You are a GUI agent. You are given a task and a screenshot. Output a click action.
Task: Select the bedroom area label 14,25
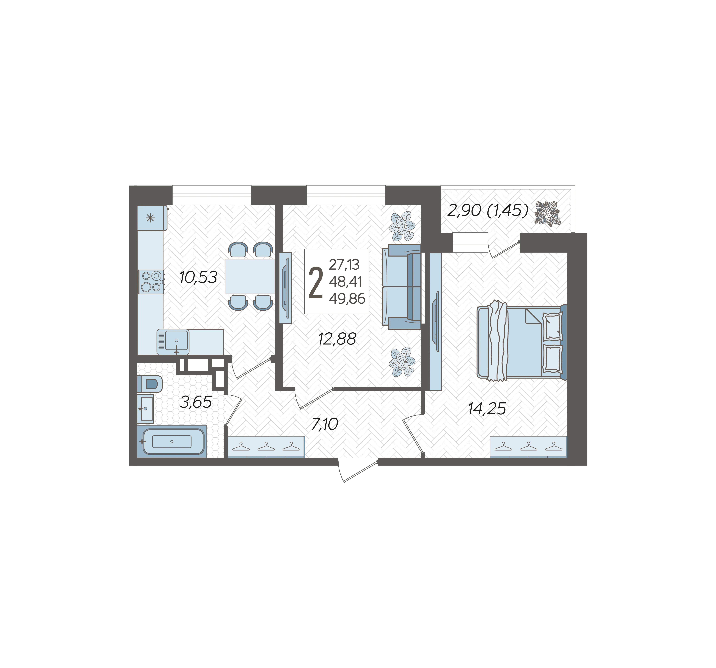pos(487,408)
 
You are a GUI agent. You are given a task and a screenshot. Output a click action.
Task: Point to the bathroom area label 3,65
pos(196,402)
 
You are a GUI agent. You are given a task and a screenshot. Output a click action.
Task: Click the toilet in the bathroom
pos(150,384)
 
